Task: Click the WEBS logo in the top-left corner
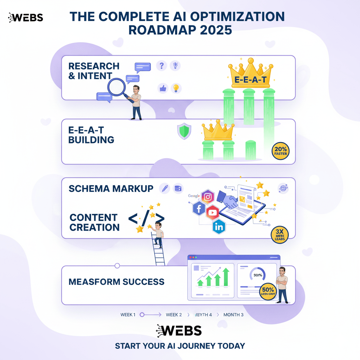click(25, 17)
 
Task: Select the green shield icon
click(184, 131)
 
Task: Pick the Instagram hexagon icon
click(208, 197)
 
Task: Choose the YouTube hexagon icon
click(212, 212)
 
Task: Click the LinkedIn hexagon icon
click(219, 227)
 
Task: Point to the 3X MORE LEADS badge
click(280, 234)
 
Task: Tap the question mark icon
click(162, 65)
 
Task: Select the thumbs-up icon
click(162, 88)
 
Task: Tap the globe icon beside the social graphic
click(283, 188)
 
